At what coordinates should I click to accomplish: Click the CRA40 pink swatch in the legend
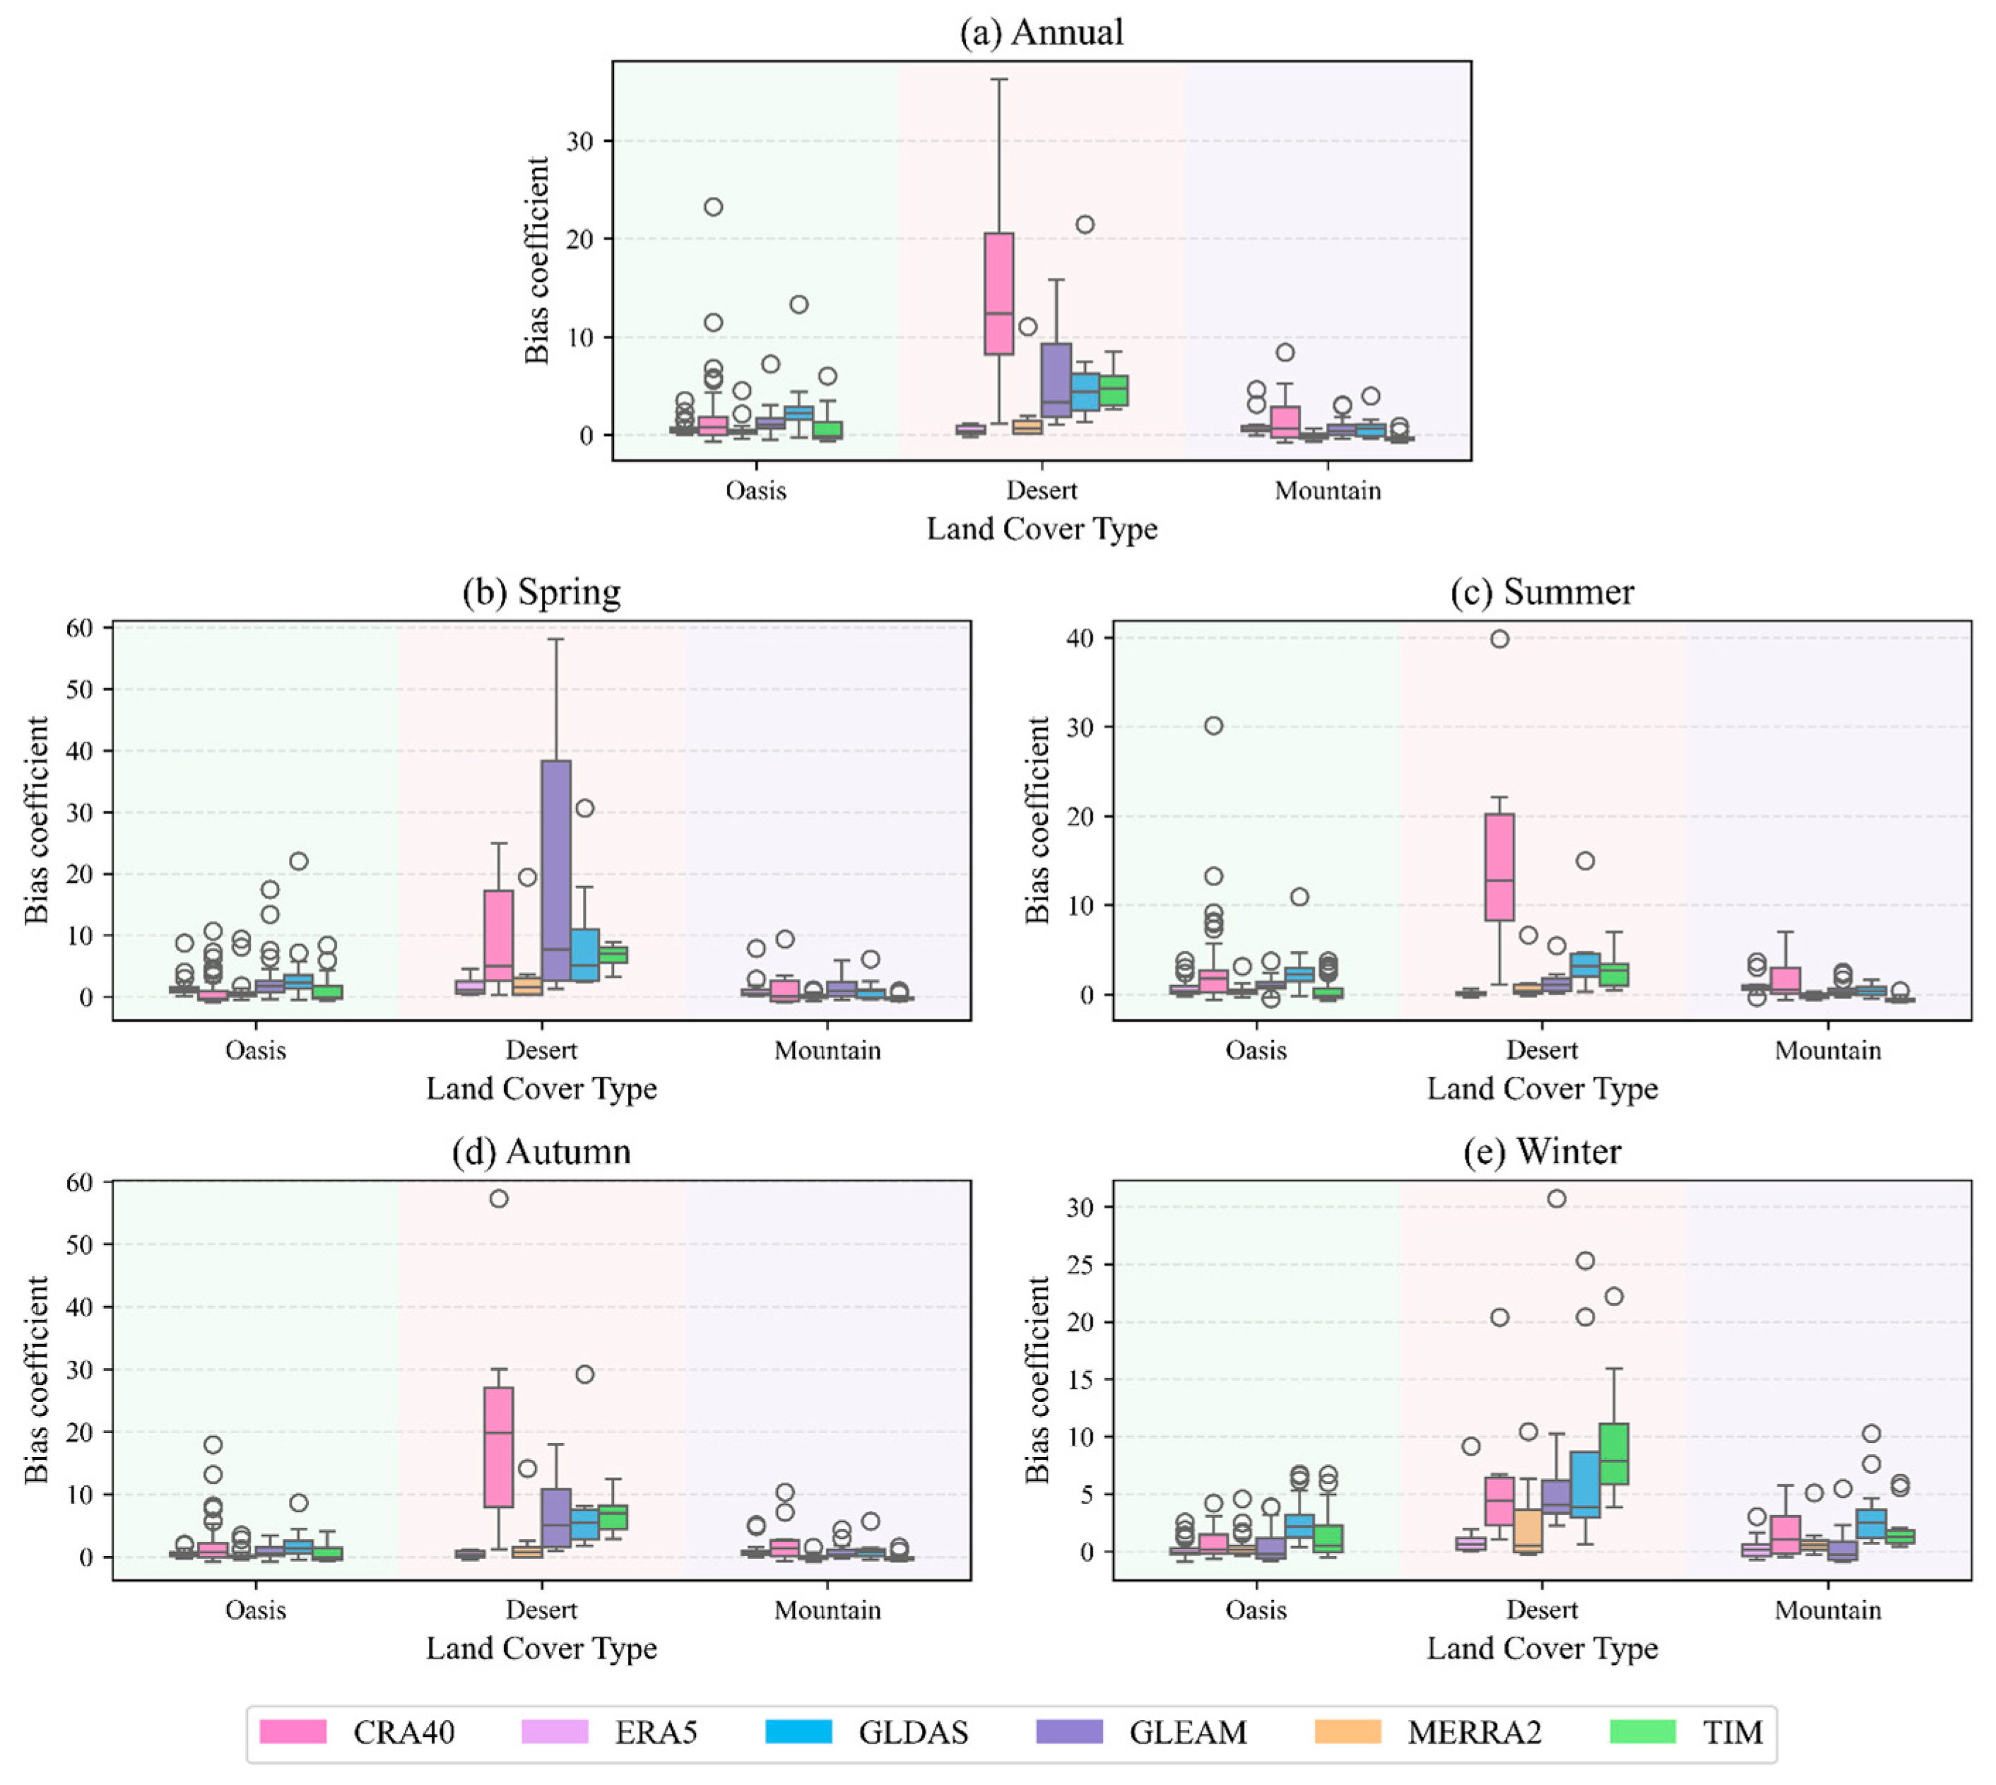[293, 1732]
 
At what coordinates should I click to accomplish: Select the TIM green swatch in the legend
[1643, 1732]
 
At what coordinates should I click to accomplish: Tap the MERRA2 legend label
[1474, 1733]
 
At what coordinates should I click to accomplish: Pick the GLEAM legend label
[1188, 1733]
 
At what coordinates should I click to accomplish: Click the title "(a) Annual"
[1041, 33]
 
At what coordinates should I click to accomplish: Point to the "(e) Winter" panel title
[1542, 1150]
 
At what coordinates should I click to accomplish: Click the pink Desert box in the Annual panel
[998, 293]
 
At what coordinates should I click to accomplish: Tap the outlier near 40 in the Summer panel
[1500, 640]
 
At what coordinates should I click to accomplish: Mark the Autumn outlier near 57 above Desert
[498, 1198]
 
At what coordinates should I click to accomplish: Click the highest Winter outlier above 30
[1557, 1198]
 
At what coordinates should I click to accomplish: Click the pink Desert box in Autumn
[498, 1447]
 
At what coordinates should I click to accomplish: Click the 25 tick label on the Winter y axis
[1079, 1264]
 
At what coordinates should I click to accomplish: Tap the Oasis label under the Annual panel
[755, 490]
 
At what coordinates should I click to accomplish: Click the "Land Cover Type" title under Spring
[541, 1089]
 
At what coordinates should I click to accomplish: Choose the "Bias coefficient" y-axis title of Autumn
[37, 1379]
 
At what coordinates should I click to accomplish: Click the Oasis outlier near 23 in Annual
[713, 207]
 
